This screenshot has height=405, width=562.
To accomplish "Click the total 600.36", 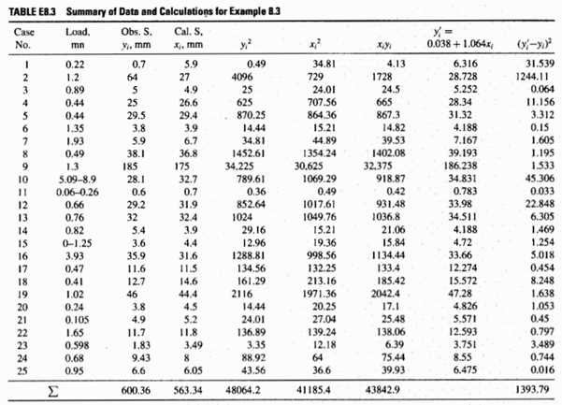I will pos(134,395).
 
